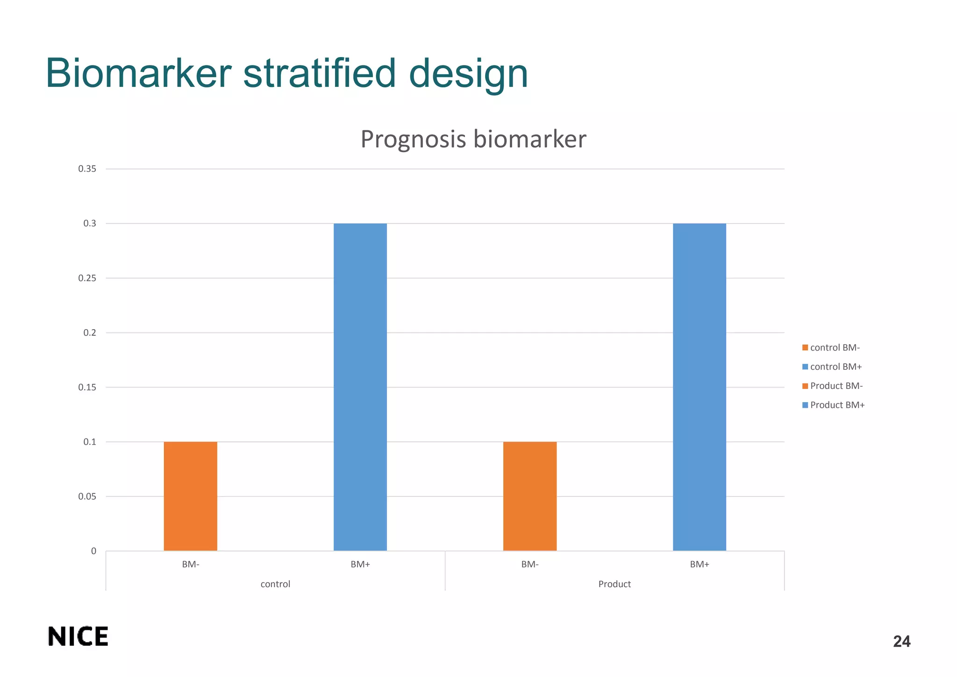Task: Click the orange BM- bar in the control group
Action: [x=190, y=496]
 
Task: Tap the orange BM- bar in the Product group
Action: [x=529, y=496]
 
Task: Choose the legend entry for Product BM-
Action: [x=832, y=386]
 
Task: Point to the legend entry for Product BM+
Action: [x=833, y=405]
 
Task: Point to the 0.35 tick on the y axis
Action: [x=87, y=169]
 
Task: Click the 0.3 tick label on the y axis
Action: [x=90, y=223]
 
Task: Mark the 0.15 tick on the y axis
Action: [x=87, y=387]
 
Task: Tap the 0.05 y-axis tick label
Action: [x=87, y=497]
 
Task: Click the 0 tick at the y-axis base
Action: [x=94, y=551]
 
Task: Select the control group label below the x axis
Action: [x=275, y=584]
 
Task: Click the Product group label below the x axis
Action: [x=614, y=584]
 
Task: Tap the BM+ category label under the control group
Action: [x=360, y=564]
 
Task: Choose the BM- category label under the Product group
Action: [x=530, y=564]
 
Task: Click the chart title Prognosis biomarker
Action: [x=473, y=139]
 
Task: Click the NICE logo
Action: [x=78, y=636]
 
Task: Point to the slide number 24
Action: [x=901, y=641]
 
